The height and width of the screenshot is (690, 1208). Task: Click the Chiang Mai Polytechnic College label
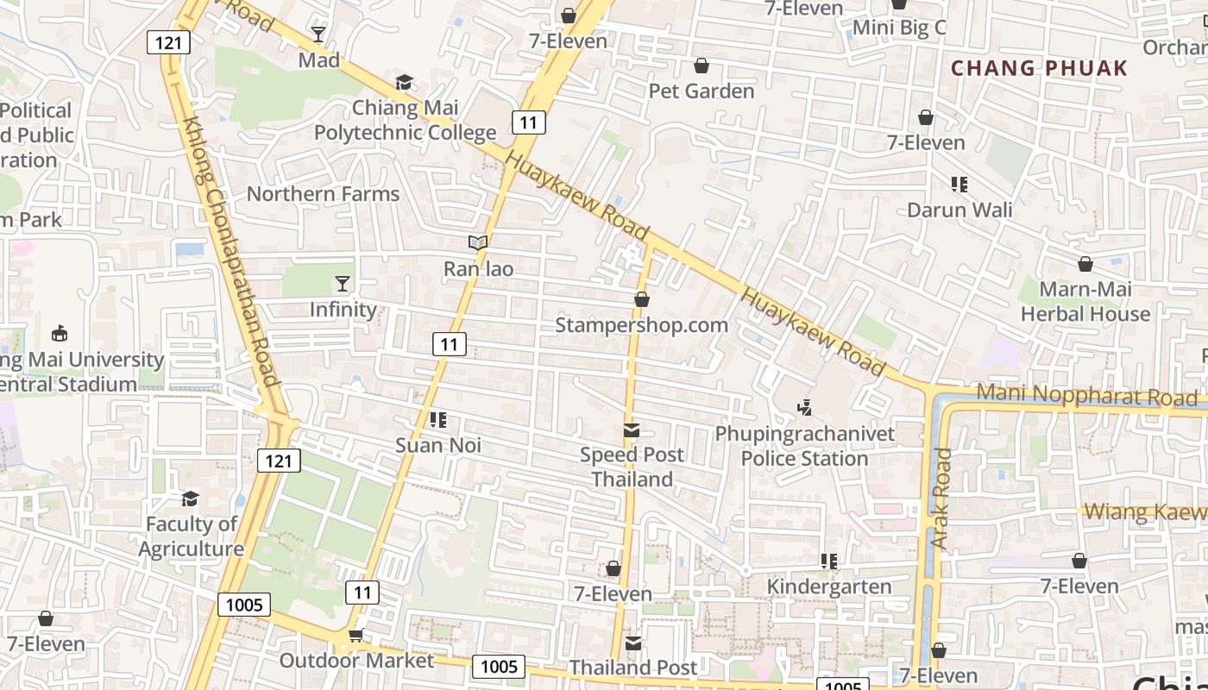click(x=405, y=120)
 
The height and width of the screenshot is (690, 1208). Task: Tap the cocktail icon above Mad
click(x=318, y=34)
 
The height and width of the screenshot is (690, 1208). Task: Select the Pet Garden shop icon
click(x=702, y=66)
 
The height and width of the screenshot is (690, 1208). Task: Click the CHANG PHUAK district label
click(x=1039, y=68)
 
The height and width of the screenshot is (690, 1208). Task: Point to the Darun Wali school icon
click(x=959, y=184)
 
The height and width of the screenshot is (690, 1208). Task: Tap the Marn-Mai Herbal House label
click(x=1085, y=301)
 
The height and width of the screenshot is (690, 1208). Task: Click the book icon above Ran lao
click(x=478, y=243)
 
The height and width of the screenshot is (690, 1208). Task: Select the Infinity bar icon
click(x=343, y=284)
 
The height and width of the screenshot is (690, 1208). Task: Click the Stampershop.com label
click(x=641, y=325)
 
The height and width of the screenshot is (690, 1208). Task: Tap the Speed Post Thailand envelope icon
click(x=632, y=430)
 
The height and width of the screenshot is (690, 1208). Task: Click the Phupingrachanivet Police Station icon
click(x=804, y=407)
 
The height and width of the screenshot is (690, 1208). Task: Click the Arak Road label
click(x=941, y=498)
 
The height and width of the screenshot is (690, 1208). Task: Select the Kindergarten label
click(x=829, y=586)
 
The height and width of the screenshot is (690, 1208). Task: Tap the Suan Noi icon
click(x=437, y=420)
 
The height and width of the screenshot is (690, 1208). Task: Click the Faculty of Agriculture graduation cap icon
click(x=190, y=499)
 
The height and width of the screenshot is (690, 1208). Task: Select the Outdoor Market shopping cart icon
click(x=355, y=636)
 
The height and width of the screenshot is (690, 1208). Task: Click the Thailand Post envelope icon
click(x=633, y=643)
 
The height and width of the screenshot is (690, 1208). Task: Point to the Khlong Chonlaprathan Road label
click(x=230, y=252)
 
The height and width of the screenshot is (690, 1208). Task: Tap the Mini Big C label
click(x=899, y=28)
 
